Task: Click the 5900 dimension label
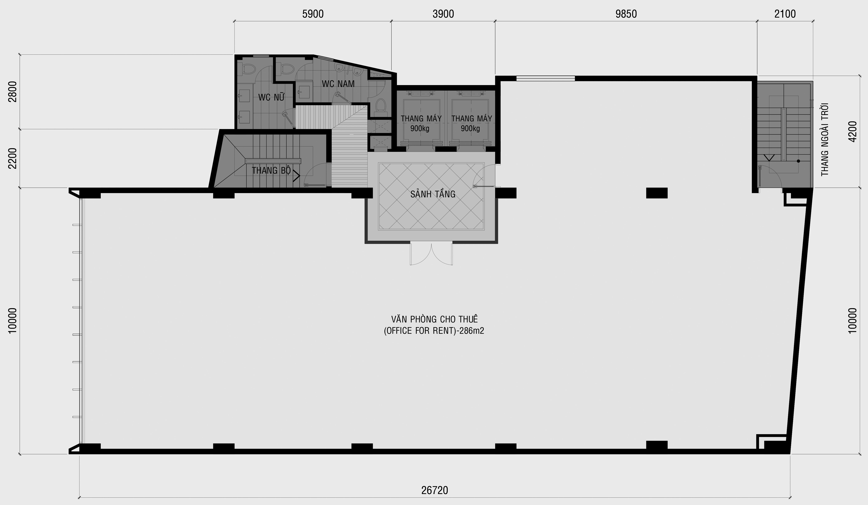pos(313,14)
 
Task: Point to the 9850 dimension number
pos(626,14)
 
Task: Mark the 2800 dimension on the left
pos(12,92)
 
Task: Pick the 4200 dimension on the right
pos(852,131)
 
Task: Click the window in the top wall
pos(546,78)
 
